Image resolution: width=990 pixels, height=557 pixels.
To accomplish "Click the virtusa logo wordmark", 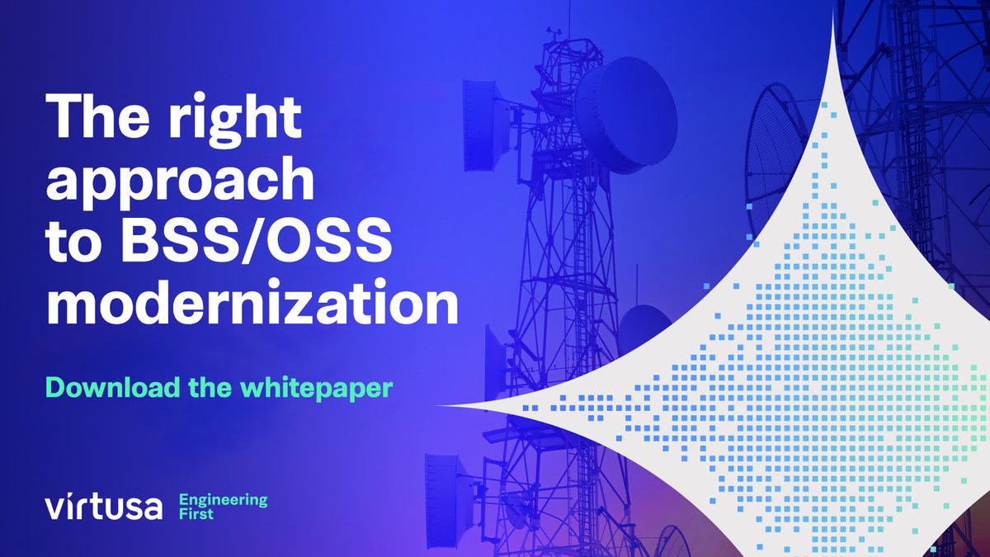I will pyautogui.click(x=104, y=507).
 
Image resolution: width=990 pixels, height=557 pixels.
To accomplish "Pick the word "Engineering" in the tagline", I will pyautogui.click(x=224, y=499).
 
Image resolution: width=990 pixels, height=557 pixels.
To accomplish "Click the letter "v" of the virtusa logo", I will pyautogui.click(x=54, y=508).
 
